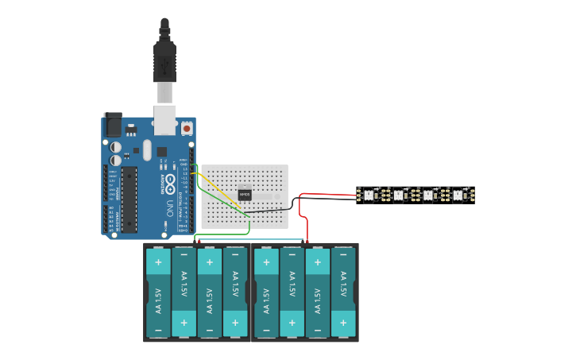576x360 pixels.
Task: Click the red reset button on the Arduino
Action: (187, 127)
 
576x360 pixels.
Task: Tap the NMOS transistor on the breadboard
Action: (245, 193)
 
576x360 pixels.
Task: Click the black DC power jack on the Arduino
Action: (113, 125)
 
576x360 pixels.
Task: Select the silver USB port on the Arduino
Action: (165, 118)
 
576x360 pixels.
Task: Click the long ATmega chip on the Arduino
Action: (129, 199)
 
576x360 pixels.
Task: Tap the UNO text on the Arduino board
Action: (169, 209)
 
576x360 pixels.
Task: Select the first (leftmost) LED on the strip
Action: (368, 194)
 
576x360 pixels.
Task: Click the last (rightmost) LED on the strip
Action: (457, 194)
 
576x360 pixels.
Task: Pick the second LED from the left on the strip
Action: (398, 194)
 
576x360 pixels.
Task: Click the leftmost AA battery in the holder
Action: (158, 292)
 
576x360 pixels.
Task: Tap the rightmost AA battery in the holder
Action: (343, 292)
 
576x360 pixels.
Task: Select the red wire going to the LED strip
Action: (326, 193)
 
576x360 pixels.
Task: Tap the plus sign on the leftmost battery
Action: (158, 261)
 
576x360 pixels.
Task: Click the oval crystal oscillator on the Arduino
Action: (147, 149)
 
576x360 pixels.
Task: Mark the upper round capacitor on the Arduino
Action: (116, 147)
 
